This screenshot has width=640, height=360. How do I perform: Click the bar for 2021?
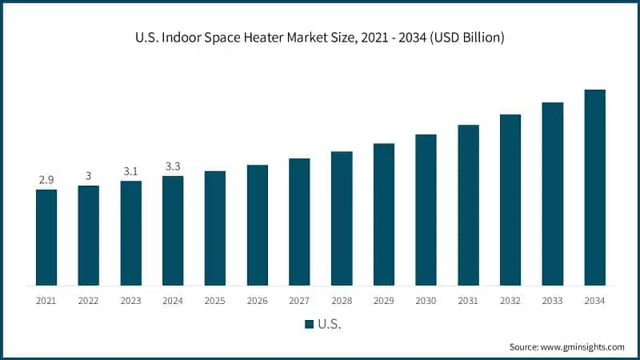coord(46,238)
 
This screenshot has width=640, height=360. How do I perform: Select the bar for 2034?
coord(594,187)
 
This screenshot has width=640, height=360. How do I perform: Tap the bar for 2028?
coord(342,218)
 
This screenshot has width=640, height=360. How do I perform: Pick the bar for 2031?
coord(468,205)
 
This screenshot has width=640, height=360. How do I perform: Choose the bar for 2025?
coord(215,228)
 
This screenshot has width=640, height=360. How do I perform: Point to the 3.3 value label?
coord(173,166)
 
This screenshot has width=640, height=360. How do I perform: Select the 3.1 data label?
coord(130,171)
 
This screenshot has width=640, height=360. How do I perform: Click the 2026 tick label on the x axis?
coord(258,300)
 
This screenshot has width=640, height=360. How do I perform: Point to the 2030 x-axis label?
coord(426,300)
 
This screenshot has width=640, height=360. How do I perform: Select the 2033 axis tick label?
coord(552,300)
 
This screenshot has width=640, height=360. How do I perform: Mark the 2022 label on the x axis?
coord(89,300)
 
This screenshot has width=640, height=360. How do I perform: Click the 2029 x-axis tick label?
coord(384,300)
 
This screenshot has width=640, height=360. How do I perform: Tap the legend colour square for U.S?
coord(309,324)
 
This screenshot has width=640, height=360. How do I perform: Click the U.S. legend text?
coord(330,324)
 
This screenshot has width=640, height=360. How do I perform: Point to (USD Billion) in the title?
coord(465,38)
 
